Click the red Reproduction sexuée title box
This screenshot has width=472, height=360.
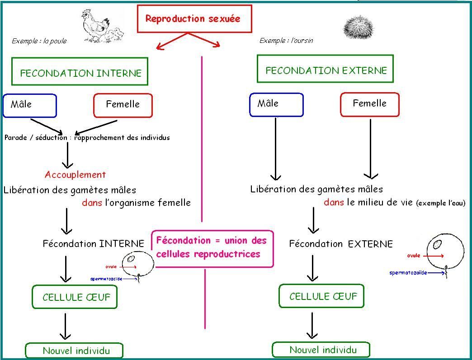click(x=194, y=19)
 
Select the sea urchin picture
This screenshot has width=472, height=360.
click(x=359, y=28)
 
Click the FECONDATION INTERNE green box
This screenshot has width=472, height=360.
click(x=80, y=72)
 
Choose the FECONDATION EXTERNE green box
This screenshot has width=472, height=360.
click(x=325, y=69)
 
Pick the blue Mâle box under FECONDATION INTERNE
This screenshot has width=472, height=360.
click(x=30, y=105)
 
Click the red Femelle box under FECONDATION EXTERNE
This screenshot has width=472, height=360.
click(x=369, y=104)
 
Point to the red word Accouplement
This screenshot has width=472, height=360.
click(x=75, y=175)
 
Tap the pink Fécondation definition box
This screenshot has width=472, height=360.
click(x=212, y=243)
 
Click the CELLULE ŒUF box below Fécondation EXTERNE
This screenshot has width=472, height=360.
click(x=321, y=296)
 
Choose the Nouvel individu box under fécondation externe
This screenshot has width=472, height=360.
click(x=321, y=350)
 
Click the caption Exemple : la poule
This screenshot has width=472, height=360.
click(x=39, y=41)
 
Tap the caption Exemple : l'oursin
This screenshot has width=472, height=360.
click(x=286, y=41)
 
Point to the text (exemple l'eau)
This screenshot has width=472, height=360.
click(x=440, y=203)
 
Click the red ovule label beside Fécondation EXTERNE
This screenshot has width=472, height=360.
click(x=413, y=256)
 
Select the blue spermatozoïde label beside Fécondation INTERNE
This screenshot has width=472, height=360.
click(x=106, y=279)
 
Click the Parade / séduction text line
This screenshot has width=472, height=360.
click(x=87, y=137)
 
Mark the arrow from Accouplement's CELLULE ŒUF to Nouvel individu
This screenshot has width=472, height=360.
click(x=66, y=326)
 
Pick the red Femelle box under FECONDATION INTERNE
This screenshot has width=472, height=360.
click(x=123, y=105)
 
